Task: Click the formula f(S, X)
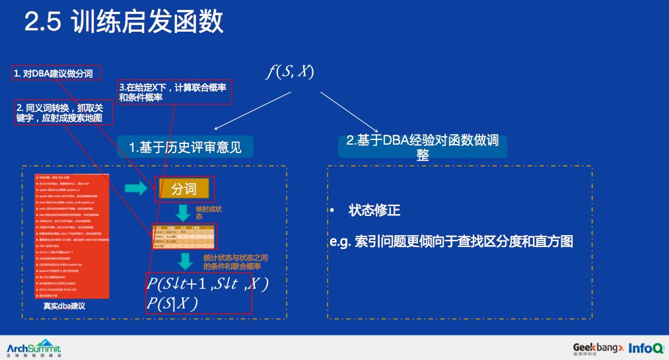click(290, 71)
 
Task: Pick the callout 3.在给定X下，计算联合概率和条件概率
click(175, 92)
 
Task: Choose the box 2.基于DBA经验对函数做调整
click(422, 147)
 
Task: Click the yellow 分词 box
click(184, 190)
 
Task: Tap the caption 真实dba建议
click(64, 306)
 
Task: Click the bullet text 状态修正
click(374, 211)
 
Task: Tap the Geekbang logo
click(598, 348)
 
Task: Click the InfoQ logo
click(646, 348)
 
